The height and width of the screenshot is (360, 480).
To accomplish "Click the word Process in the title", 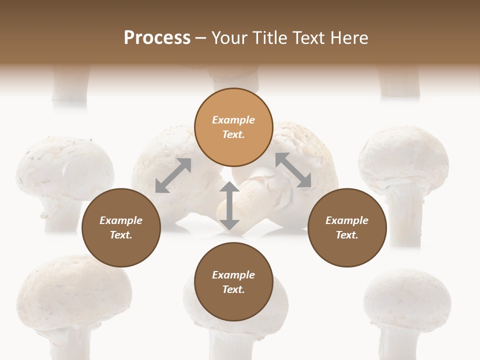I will point(157,38).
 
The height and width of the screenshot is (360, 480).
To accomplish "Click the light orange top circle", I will point(233,127).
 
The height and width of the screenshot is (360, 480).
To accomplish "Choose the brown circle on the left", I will point(121,227).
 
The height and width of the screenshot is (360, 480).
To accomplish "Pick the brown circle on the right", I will point(347,227).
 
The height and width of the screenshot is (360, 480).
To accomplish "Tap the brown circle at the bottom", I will point(233,282).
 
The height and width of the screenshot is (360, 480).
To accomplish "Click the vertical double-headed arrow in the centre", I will point(229,205).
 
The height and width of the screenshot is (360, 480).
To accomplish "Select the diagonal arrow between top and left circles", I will point(173,175).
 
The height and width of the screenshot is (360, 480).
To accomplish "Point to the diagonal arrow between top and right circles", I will point(293,170).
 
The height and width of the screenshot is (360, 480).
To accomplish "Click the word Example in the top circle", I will point(233,120).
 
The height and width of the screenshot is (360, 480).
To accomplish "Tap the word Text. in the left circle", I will point(121,235).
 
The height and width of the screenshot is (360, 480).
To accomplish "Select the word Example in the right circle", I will point(347,220).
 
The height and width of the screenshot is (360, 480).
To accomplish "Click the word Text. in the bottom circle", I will point(233,289).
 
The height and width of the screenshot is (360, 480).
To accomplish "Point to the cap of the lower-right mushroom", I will point(407,297).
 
